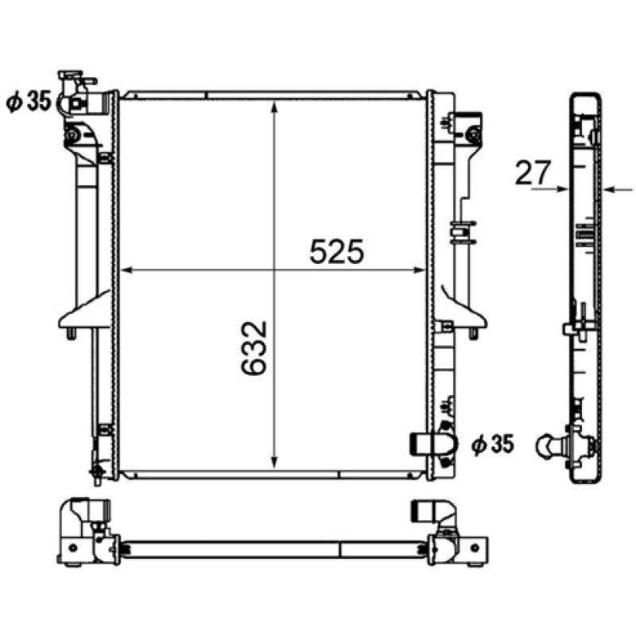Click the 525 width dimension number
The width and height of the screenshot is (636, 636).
tap(336, 251)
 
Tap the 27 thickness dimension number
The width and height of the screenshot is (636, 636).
tap(533, 173)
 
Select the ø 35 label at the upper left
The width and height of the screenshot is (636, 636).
tap(29, 101)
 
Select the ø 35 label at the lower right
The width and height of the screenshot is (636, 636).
tap(492, 444)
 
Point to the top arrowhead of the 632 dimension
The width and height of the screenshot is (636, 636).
tap(274, 107)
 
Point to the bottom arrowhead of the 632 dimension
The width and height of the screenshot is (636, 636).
tap(274, 463)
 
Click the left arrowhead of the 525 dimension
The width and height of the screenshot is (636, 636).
tap(127, 270)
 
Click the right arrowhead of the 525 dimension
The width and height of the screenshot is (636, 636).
tap(419, 270)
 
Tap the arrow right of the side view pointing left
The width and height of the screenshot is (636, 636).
tap(619, 189)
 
